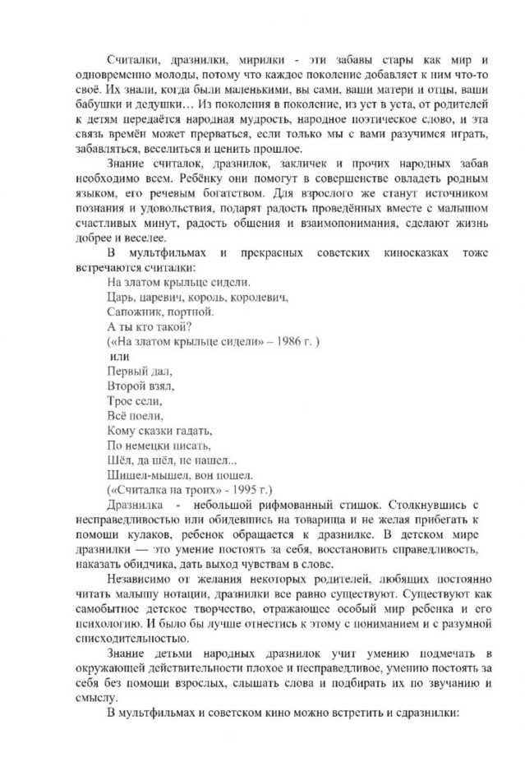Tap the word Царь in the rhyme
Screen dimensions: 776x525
tap(120, 296)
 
